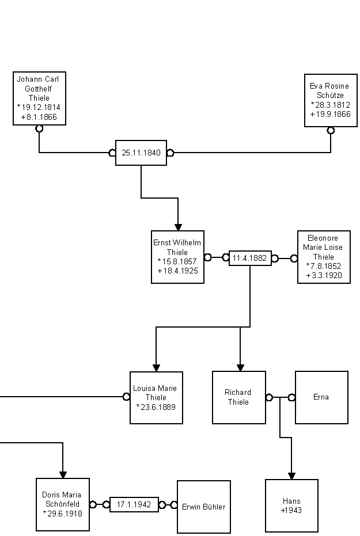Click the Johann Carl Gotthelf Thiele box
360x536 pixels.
(39, 98)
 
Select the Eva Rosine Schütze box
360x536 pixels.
(331, 100)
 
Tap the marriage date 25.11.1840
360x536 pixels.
(141, 153)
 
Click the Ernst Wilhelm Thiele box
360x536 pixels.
(178, 257)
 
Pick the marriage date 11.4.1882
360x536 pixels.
(250, 258)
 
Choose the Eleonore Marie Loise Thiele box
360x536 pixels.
(324, 257)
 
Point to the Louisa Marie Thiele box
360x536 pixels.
(156, 397)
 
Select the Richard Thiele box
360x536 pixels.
(239, 397)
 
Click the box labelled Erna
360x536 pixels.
(321, 397)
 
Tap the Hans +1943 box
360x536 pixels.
(291, 505)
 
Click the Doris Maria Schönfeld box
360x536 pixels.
(62, 504)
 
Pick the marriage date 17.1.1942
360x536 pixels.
(134, 504)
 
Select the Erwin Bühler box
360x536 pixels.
(203, 507)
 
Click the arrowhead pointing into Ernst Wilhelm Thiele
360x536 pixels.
(178, 226)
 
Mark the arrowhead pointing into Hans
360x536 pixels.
(291, 476)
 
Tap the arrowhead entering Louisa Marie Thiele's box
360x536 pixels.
(156, 368)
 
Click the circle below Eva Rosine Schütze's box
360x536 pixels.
(331, 131)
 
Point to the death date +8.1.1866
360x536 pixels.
(39, 117)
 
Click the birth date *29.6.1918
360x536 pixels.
(62, 514)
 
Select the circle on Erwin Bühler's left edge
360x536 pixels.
(173, 505)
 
